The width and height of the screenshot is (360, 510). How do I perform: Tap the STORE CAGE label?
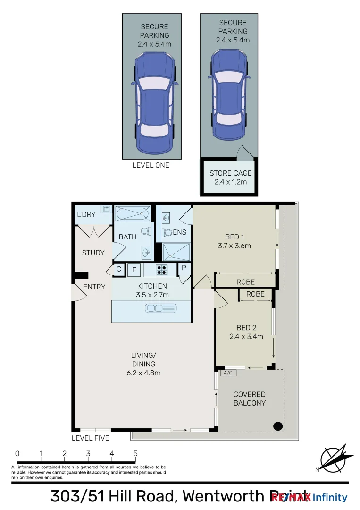coord(230,173)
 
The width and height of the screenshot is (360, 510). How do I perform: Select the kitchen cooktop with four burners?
coord(162,270)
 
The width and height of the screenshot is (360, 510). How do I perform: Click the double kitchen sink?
coord(161,308)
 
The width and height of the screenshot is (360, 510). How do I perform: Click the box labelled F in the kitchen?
coord(134,271)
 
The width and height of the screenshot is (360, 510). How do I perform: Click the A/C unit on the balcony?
coord(227,373)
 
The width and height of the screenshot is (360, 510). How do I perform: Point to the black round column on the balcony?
coord(278,426)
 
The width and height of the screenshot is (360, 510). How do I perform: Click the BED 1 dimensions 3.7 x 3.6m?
coord(234,246)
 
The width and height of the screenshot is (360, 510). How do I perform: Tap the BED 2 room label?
coord(246,328)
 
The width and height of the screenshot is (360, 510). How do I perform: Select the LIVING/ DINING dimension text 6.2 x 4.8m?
coord(143,373)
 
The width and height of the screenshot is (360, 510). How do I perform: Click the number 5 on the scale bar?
coord(135,454)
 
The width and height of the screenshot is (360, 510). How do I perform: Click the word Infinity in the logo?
coord(330,497)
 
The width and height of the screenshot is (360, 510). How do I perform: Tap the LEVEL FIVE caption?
coord(90,438)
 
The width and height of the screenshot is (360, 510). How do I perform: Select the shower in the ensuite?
coord(176,251)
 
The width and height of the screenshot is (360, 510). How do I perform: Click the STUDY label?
coord(93,253)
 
